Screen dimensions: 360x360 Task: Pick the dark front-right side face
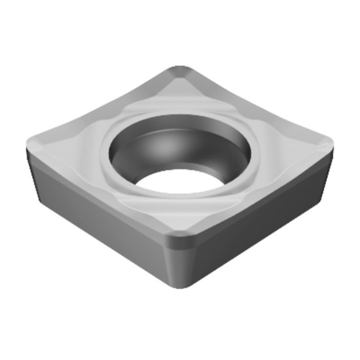point(262,216)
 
